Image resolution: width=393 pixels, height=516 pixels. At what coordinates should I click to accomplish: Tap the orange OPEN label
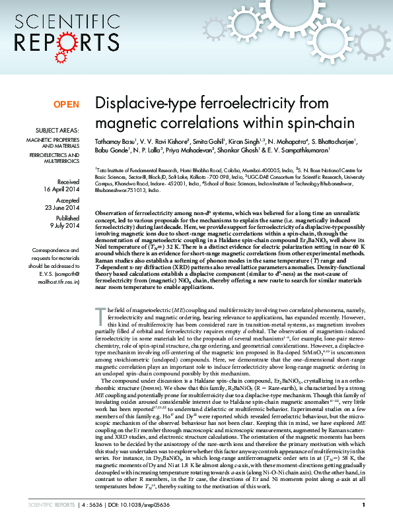[x=66, y=105]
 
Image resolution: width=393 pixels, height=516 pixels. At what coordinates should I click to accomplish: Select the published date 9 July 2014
[x=65, y=226]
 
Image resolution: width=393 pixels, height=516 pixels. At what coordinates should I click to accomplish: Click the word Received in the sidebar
[x=69, y=181]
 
